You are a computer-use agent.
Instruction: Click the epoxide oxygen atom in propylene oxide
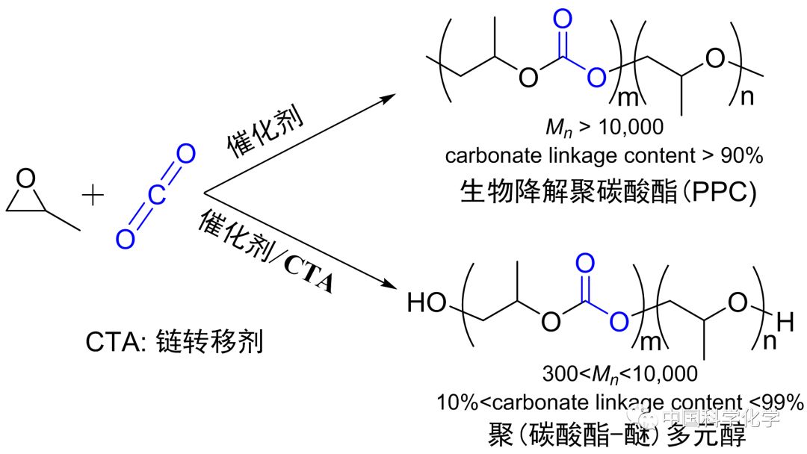[26, 179]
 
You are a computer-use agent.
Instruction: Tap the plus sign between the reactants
[93, 196]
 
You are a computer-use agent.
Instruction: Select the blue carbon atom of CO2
[153, 196]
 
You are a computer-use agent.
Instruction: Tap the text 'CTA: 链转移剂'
[175, 343]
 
